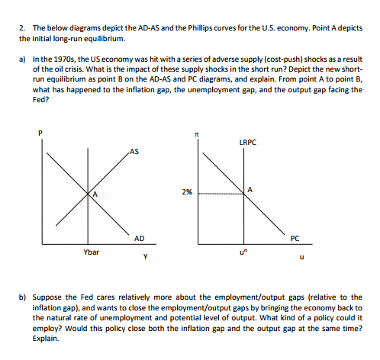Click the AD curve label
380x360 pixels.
[x=140, y=238]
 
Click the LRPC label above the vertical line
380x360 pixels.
[x=247, y=142]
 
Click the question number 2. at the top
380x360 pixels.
[x=23, y=28]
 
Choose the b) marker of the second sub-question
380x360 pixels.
[x=24, y=296]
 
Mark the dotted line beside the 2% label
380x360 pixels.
[x=221, y=194]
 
